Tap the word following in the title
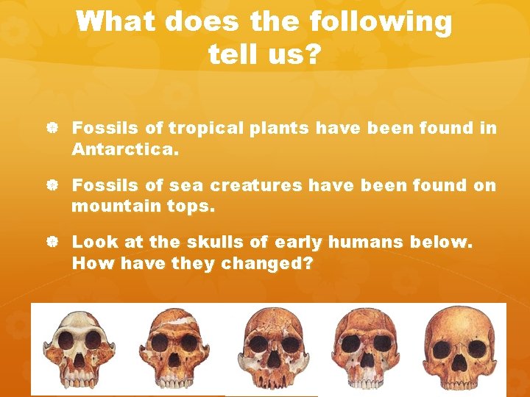point(382,22)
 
